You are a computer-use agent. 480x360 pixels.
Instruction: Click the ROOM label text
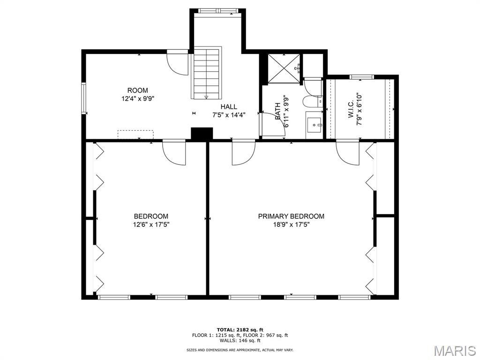pos(137,90)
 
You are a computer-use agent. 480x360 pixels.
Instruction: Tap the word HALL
pos(229,107)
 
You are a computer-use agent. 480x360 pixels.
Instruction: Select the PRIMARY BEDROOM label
pos(291,217)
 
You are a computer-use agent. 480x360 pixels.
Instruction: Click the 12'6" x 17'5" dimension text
pos(151,225)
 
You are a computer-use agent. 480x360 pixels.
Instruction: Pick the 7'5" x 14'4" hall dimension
pos(229,115)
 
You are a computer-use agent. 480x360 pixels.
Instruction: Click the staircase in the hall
pos(207,73)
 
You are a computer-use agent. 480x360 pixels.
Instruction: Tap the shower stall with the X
pos(284,68)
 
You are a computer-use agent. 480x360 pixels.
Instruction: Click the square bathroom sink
pos(314,125)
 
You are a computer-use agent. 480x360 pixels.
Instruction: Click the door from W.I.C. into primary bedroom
pos(347,152)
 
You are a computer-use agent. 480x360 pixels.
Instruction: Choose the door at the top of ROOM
pos(177,64)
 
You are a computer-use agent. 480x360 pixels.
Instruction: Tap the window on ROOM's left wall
pos(83,98)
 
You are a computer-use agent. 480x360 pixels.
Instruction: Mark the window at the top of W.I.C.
pos(361,77)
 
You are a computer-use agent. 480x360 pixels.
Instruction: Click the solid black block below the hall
pos(202,134)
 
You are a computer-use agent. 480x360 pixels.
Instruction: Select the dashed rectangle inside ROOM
pos(135,135)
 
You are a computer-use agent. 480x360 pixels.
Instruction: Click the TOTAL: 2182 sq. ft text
pos(240,330)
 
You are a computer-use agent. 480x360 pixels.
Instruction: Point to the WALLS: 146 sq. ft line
pos(240,340)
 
